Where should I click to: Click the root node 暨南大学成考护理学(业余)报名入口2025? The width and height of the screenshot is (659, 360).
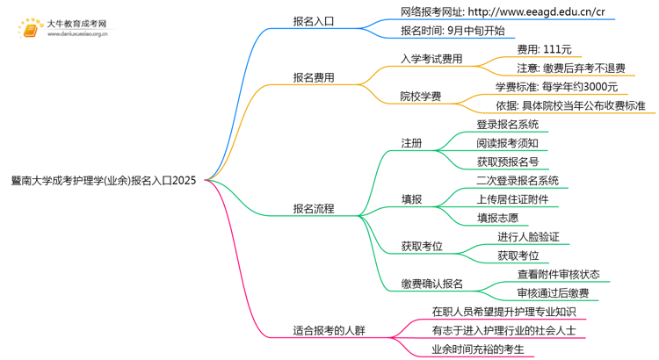click(104, 181)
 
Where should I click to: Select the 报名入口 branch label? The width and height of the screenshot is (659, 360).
click(314, 21)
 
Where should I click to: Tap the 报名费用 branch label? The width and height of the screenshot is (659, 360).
click(314, 77)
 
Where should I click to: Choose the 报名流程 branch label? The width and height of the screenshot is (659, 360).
click(314, 209)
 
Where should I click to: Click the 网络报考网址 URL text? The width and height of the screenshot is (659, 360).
click(502, 12)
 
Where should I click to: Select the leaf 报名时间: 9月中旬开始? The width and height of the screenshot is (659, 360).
click(453, 31)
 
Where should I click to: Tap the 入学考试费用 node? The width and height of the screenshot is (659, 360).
click(431, 59)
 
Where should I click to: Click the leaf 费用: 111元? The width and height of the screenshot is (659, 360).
click(544, 49)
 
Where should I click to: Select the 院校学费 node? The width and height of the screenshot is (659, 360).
click(420, 96)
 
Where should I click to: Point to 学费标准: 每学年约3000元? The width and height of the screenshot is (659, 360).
click(556, 87)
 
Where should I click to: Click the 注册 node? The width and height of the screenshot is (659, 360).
click(411, 142)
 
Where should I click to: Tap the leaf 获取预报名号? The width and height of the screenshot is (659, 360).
click(507, 162)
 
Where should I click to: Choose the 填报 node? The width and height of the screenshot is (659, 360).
click(411, 199)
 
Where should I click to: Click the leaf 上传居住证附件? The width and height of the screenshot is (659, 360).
click(512, 199)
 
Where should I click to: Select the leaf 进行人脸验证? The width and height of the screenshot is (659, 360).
click(528, 237)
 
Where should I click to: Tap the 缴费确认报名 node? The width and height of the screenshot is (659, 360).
click(431, 284)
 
